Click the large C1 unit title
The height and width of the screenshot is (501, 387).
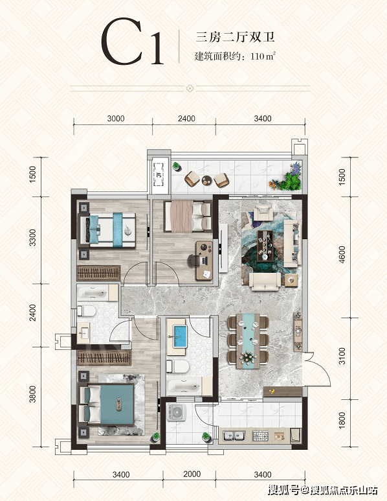tap(132, 42)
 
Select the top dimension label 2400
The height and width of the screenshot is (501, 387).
tap(186, 119)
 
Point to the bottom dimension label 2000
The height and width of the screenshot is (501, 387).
tap(192, 474)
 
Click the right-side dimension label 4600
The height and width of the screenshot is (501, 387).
tap(342, 255)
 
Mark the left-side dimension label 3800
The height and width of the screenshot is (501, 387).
tap(32, 394)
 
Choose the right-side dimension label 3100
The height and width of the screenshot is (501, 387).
tap(342, 356)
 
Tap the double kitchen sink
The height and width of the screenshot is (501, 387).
tap(234, 436)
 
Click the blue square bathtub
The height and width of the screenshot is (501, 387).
tap(179, 336)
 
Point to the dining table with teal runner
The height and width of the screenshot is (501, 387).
tap(249, 341)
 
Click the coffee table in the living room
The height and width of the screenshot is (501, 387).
tap(265, 246)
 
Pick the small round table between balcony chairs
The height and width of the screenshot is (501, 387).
tap(206, 180)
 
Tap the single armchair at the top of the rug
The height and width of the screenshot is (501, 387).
tap(263, 213)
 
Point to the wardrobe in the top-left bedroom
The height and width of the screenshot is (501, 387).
tap(99, 274)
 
